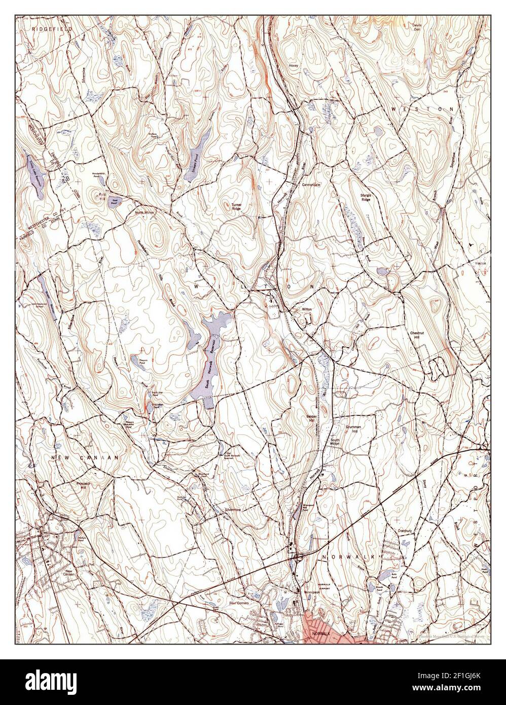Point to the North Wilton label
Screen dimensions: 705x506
pyautogui.click(x=144, y=213)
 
